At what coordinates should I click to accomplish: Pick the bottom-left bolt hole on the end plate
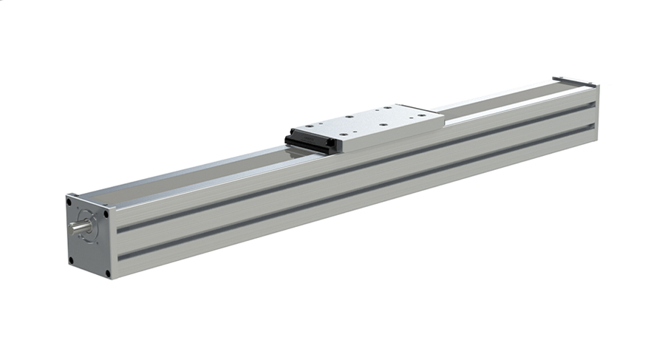point(71,259)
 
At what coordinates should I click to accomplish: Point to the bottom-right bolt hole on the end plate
point(107,274)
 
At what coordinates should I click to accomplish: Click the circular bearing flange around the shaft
point(88,231)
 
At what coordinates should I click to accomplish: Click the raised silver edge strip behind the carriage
point(502,99)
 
